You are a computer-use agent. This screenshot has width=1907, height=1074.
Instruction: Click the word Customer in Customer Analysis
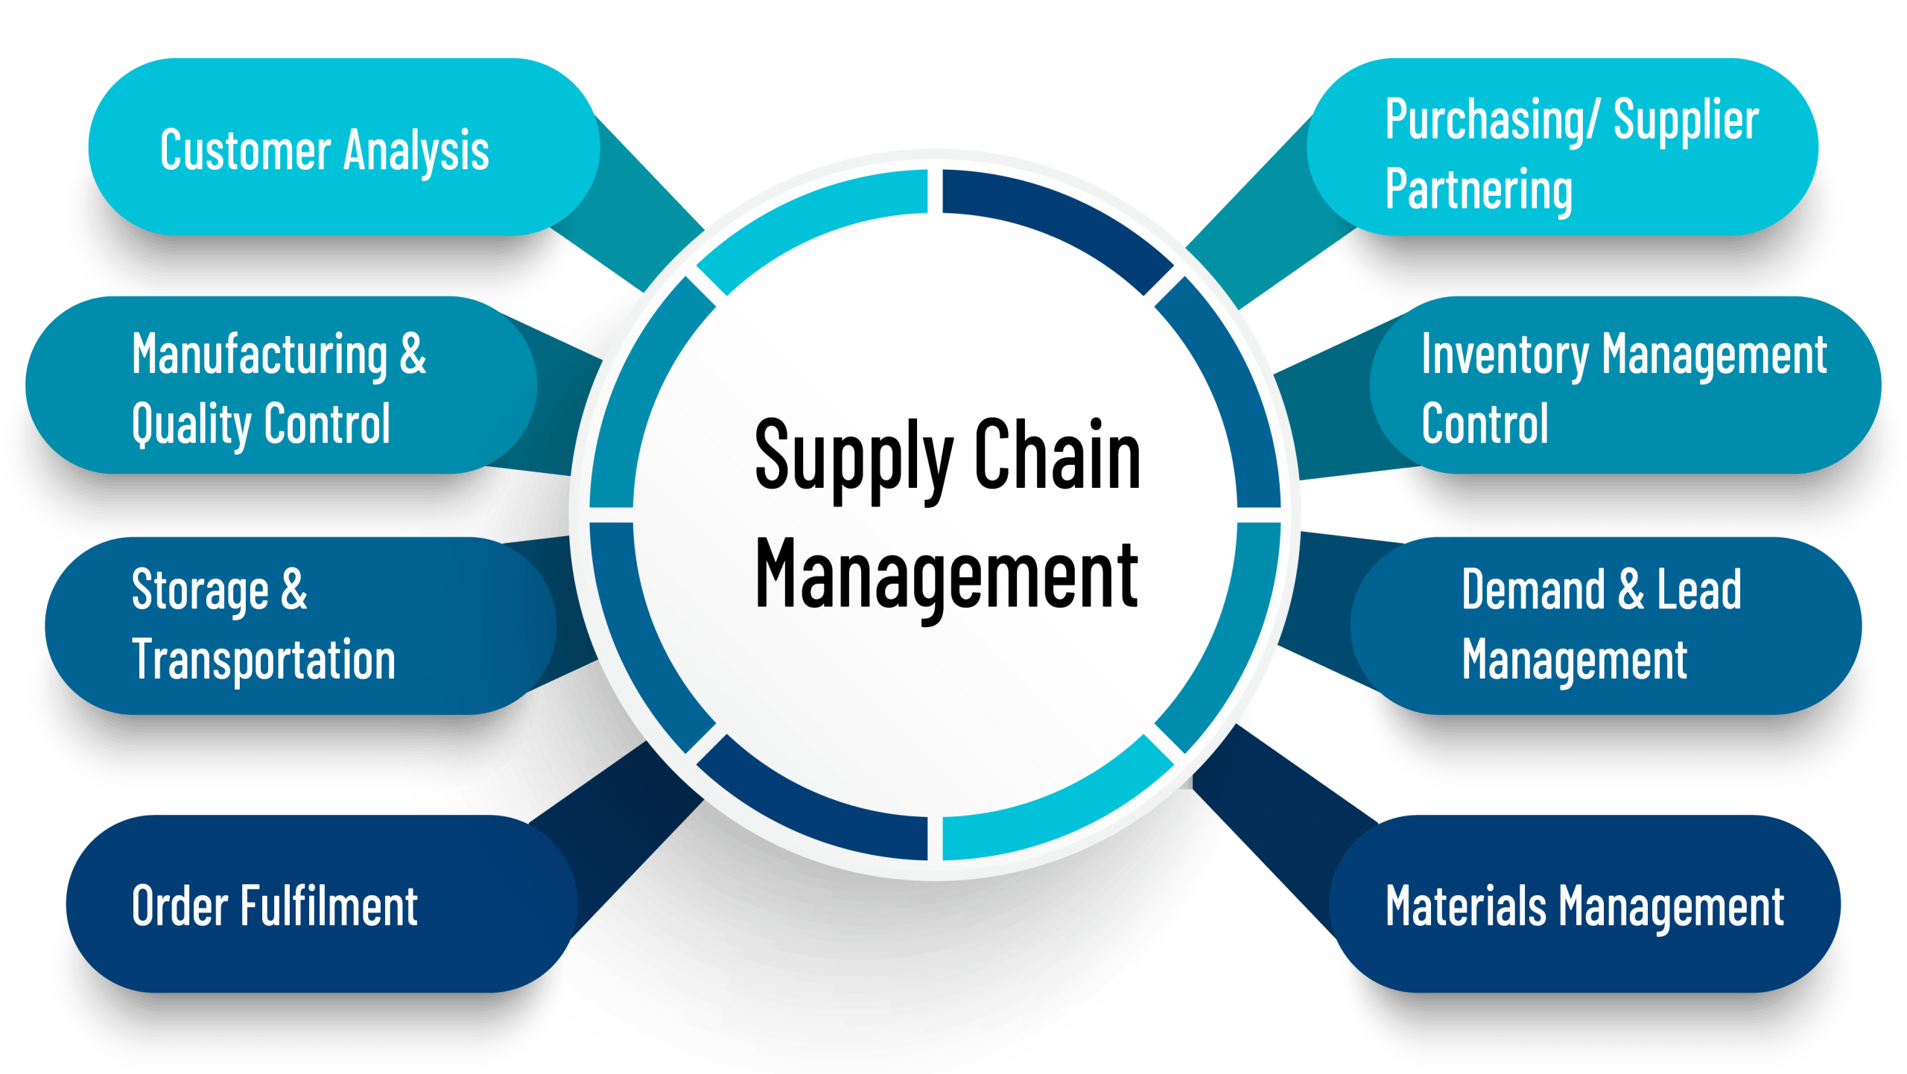pyautogui.click(x=245, y=150)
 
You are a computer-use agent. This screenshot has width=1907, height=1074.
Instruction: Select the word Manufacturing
pyautogui.click(x=260, y=355)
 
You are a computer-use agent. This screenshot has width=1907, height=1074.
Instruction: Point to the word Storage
pyautogui.click(x=200, y=591)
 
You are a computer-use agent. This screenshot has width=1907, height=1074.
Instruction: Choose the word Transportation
pyautogui.click(x=264, y=660)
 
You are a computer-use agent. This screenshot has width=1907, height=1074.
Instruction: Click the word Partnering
pyautogui.click(x=1479, y=190)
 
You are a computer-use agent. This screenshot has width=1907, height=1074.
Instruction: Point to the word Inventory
pyautogui.click(x=1505, y=355)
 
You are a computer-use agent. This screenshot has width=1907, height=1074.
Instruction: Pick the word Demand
pyautogui.click(x=1533, y=590)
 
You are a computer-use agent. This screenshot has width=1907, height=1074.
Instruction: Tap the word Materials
pyautogui.click(x=1465, y=906)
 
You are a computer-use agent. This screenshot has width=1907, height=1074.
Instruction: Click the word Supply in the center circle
pyautogui.click(x=854, y=456)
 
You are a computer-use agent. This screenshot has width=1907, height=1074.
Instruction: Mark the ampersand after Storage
pyautogui.click(x=294, y=589)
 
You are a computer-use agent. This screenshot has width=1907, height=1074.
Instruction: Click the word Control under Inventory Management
pyautogui.click(x=1485, y=425)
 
